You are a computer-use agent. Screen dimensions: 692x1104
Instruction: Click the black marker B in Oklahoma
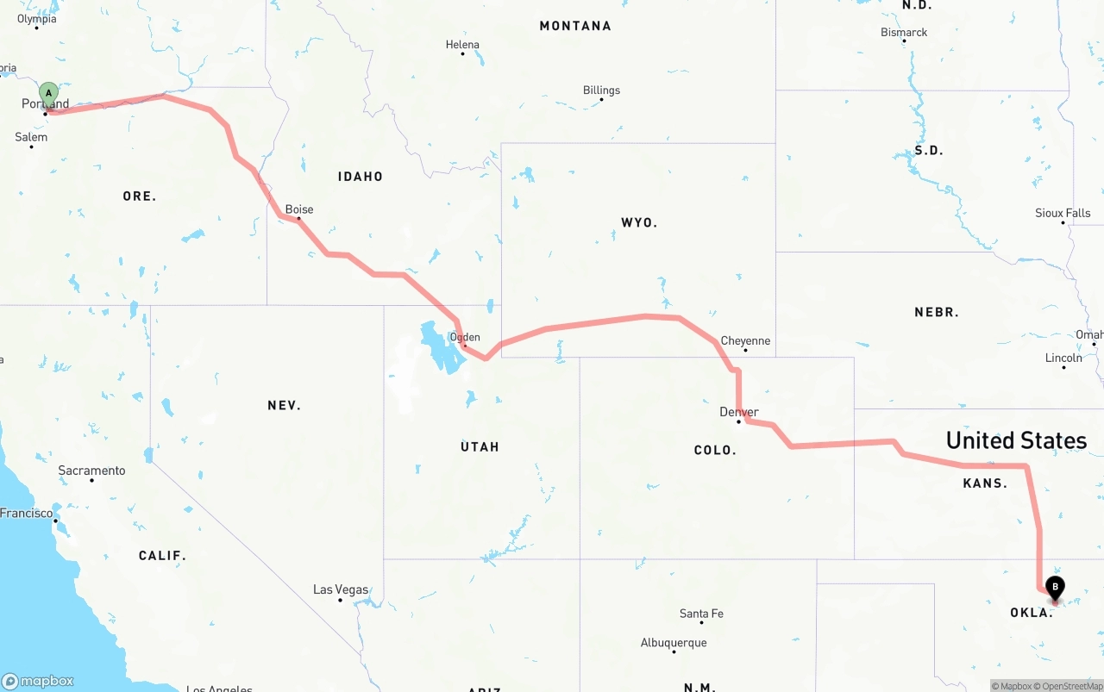click(x=1055, y=588)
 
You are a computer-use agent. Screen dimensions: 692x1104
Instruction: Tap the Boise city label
click(x=299, y=209)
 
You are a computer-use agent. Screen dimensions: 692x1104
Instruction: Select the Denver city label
click(x=739, y=412)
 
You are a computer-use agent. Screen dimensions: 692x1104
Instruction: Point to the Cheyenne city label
click(x=745, y=341)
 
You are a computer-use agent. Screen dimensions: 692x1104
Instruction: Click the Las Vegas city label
click(x=341, y=590)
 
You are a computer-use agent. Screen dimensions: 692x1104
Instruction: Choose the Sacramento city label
click(x=91, y=471)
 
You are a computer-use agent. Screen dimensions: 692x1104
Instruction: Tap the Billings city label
click(x=601, y=90)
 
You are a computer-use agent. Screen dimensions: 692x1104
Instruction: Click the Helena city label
click(x=462, y=45)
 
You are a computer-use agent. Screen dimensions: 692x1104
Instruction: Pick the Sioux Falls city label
click(x=1063, y=213)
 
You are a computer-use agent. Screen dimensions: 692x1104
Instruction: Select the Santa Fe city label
click(x=701, y=614)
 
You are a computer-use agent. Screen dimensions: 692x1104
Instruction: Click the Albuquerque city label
click(x=674, y=643)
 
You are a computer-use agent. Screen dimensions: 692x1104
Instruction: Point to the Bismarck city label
click(x=904, y=32)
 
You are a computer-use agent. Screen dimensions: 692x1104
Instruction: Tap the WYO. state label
click(x=639, y=222)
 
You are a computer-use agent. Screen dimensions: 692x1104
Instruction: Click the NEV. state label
click(x=284, y=405)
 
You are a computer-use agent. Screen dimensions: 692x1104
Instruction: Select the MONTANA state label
click(x=575, y=26)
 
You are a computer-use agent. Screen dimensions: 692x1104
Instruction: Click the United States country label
click(x=1016, y=440)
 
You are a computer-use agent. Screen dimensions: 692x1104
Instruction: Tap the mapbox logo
click(x=39, y=681)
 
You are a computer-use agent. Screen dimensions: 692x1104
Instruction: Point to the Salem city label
click(x=31, y=137)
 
